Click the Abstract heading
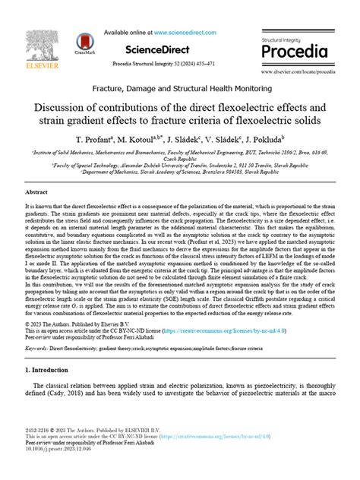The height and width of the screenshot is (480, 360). click(36, 193)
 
